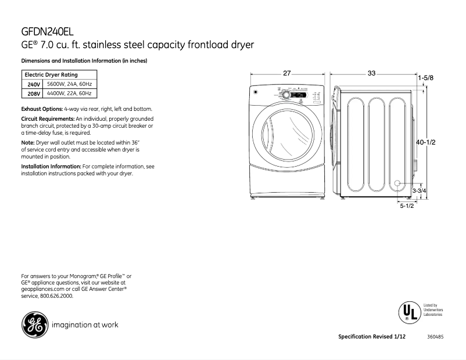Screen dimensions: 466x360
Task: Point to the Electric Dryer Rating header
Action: click(x=51, y=75)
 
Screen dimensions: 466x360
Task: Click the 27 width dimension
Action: click(x=286, y=73)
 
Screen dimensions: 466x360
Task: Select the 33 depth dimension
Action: click(x=371, y=73)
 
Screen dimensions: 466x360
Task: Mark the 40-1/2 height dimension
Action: click(x=426, y=142)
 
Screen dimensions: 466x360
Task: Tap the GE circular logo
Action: click(x=34, y=325)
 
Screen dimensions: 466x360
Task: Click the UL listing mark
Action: click(x=407, y=312)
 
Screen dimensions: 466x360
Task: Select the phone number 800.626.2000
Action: click(x=56, y=296)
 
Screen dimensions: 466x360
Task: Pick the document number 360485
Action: click(x=435, y=337)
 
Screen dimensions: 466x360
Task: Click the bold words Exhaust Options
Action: click(x=41, y=109)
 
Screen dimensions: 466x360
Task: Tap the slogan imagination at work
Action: click(x=85, y=325)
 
